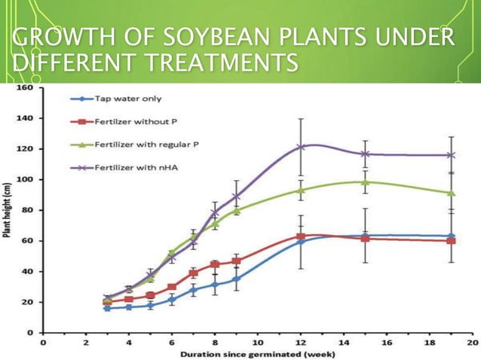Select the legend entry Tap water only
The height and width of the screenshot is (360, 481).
pos(127,99)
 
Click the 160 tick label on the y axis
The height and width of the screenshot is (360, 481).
pos(25,87)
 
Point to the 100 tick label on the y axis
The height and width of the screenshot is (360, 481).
pos(25,179)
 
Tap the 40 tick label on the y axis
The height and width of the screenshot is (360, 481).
pos(27,271)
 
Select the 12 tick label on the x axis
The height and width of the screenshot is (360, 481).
pos(301,343)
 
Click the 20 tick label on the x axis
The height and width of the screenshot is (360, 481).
pos(472,343)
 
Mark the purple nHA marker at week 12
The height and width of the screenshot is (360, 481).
pos(301,147)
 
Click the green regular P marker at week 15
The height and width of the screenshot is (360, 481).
pos(365,182)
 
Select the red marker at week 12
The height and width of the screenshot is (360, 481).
pos(301,236)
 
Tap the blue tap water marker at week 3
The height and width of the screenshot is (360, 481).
pos(107,308)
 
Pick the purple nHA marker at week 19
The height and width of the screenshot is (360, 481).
pos(451,155)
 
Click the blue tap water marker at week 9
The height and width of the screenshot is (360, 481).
pos(236,279)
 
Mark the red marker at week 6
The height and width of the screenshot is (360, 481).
pos(172,287)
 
